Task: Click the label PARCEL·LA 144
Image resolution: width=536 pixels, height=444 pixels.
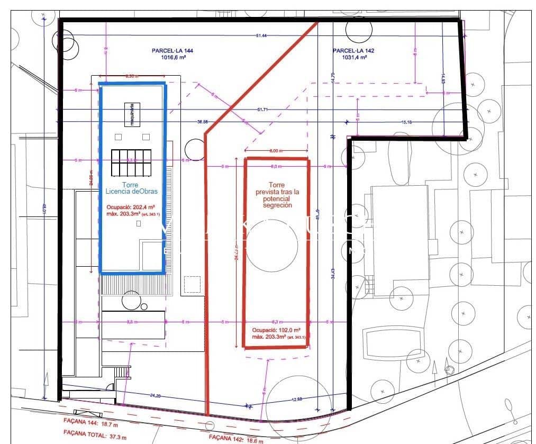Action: [172, 51]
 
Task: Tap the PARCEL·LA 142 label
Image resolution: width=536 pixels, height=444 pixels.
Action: [353, 51]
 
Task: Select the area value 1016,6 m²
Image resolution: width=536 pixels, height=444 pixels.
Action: [172, 58]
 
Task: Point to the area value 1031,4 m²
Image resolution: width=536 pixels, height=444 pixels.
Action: [353, 58]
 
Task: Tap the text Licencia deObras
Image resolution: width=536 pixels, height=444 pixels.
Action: [132, 191]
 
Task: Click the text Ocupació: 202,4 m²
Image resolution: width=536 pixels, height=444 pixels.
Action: [130, 207]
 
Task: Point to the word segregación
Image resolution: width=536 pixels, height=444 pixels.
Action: [277, 205]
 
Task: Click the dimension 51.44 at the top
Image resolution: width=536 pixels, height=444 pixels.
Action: [261, 35]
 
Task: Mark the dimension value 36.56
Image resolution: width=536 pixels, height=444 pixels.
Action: [202, 121]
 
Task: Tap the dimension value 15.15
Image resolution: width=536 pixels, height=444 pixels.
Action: [406, 122]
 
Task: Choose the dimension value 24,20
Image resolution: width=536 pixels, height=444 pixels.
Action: [156, 395]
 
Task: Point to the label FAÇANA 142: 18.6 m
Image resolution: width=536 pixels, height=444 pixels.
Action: [233, 437]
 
